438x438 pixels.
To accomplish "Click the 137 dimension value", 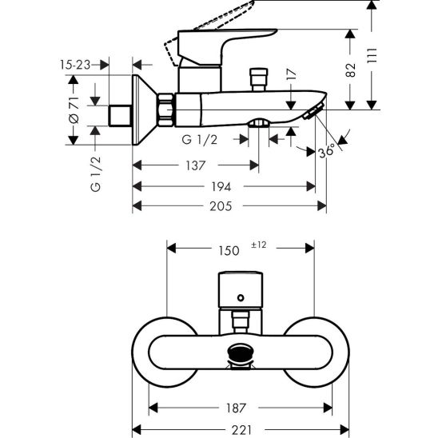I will click(195, 165).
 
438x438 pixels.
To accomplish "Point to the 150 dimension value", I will click(229, 250).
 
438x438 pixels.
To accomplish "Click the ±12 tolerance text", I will click(259, 245).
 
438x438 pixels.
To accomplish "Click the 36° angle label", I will click(327, 150).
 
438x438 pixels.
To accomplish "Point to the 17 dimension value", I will click(292, 78).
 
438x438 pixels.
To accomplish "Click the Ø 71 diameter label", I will click(74, 111).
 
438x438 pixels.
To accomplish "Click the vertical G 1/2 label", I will click(96, 176).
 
